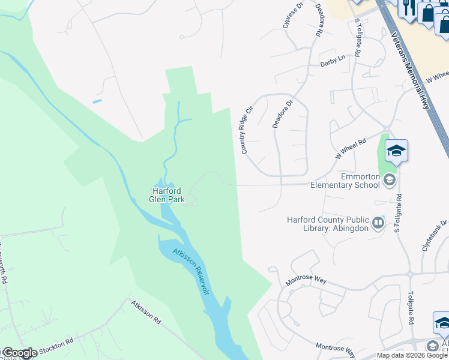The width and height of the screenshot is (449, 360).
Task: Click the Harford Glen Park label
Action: [167, 195]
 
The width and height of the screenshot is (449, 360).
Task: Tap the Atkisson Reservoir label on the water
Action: [191, 271]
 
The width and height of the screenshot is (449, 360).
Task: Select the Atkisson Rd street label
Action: [146, 312]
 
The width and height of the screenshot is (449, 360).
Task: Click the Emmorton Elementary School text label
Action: [345, 181]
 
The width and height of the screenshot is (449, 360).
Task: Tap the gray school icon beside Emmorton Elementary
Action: [390, 179]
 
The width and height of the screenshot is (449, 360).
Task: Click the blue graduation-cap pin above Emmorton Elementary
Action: [396, 150]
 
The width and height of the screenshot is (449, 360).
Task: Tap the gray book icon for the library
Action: [378, 223]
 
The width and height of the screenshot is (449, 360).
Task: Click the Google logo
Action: [19, 353]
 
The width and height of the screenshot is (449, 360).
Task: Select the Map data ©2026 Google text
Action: [411, 355]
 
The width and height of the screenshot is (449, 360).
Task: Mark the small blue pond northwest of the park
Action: [97, 101]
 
